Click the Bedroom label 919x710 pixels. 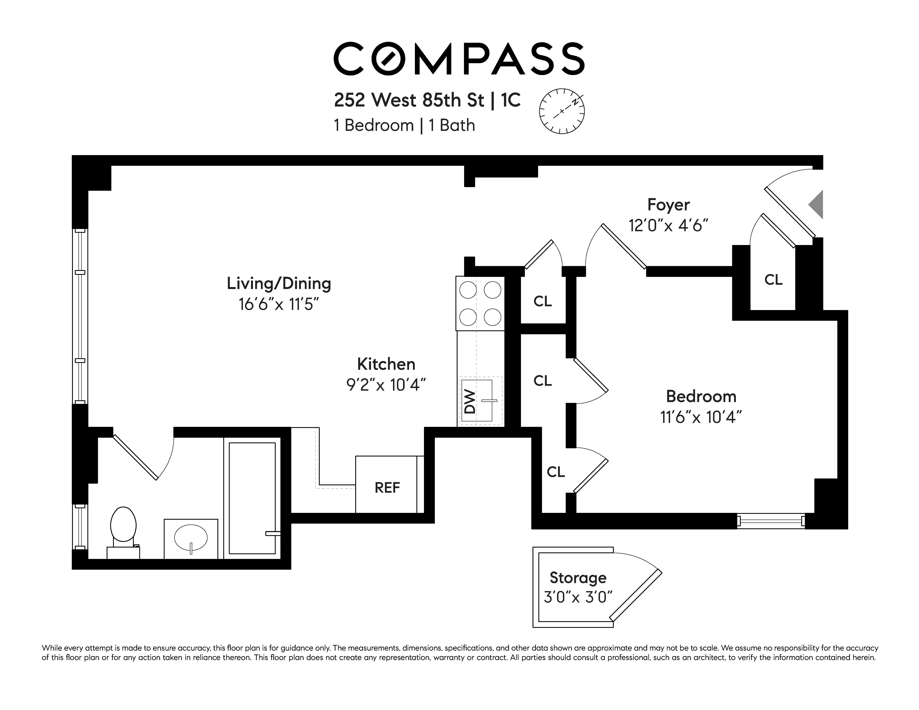[x=701, y=396]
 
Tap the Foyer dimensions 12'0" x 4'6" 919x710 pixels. [x=668, y=226]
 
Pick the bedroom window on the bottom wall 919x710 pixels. [x=771, y=521]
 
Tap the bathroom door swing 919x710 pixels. [x=143, y=458]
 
